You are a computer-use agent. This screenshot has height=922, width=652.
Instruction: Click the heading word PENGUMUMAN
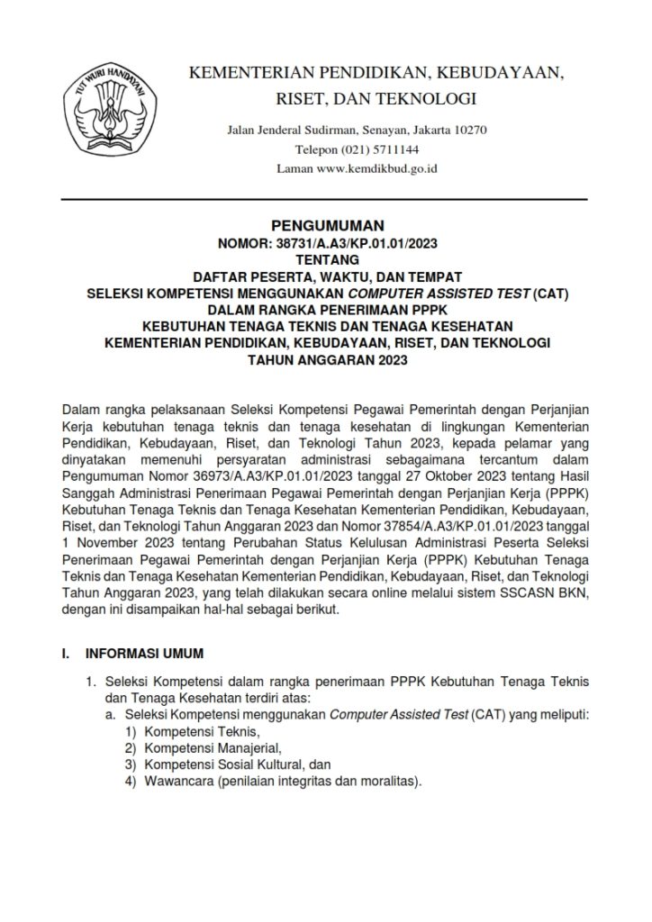pyautogui.click(x=327, y=226)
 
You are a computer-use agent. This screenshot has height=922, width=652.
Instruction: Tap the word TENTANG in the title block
pyautogui.click(x=327, y=259)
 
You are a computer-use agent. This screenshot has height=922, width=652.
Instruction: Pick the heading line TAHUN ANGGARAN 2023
pyautogui.click(x=327, y=360)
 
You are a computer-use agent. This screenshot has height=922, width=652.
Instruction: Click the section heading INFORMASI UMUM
pyautogui.click(x=144, y=652)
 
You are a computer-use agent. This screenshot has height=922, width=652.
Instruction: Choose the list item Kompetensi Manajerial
pyautogui.click(x=201, y=748)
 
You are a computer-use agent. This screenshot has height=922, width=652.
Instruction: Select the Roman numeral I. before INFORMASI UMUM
pyautogui.click(x=53, y=652)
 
